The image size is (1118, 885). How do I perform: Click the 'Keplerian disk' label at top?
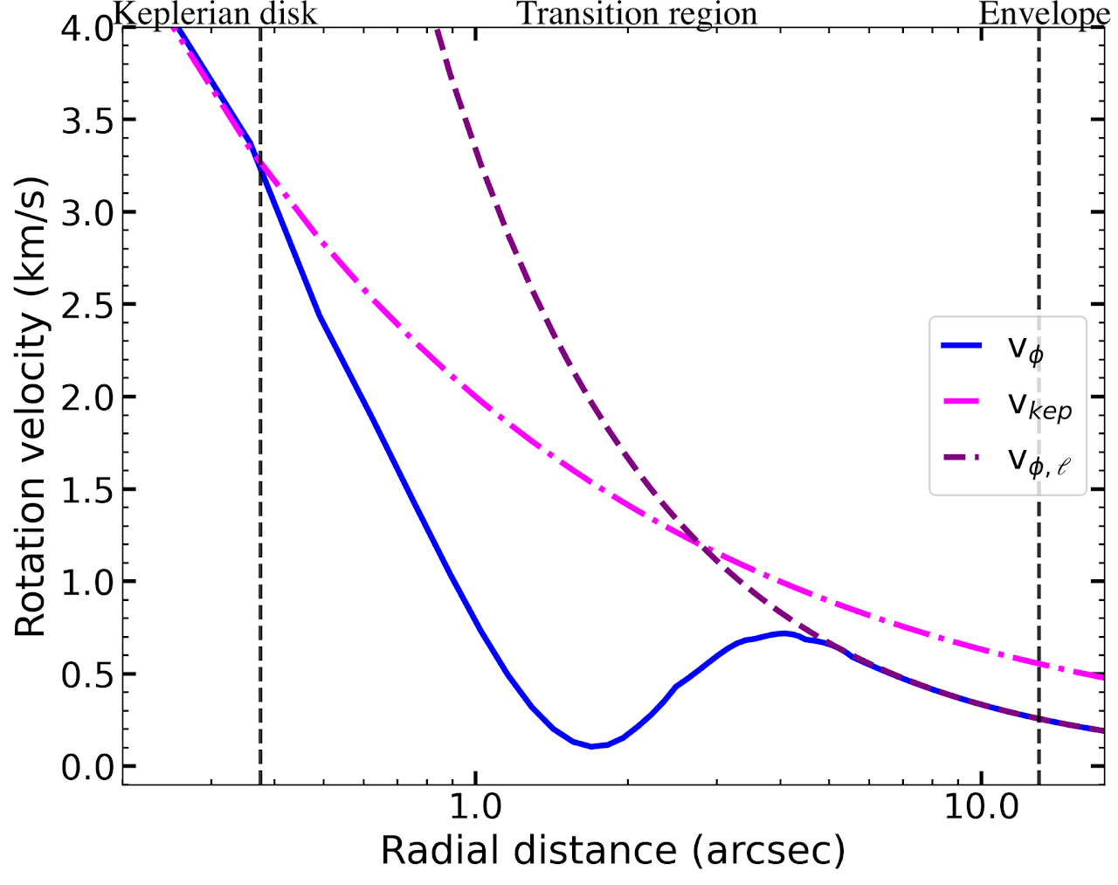pyautogui.click(x=215, y=14)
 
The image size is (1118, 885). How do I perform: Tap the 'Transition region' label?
pyautogui.click(x=637, y=14)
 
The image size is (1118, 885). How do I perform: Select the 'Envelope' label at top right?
pyautogui.click(x=1045, y=14)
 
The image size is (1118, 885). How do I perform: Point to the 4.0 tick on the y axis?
pyautogui.click(x=87, y=28)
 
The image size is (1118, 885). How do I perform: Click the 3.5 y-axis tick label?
pyautogui.click(x=87, y=121)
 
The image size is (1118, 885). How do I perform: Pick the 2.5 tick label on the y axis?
pyautogui.click(x=87, y=305)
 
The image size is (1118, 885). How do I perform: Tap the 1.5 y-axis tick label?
pyautogui.click(x=87, y=490)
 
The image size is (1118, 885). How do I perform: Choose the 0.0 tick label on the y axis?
pyautogui.click(x=87, y=767)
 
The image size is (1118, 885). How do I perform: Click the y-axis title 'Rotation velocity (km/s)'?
pyautogui.click(x=30, y=406)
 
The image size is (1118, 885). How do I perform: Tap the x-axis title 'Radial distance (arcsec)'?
pyautogui.click(x=612, y=850)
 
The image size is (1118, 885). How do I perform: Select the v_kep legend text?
pyautogui.click(x=1039, y=404)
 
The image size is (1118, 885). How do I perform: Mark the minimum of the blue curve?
pyautogui.click(x=592, y=746)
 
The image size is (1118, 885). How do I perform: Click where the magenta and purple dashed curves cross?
pyautogui.click(x=699, y=544)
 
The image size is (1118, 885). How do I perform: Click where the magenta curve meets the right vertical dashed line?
pyautogui.click(x=1039, y=664)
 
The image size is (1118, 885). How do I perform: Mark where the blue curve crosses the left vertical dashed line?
pyautogui.click(x=260, y=172)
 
